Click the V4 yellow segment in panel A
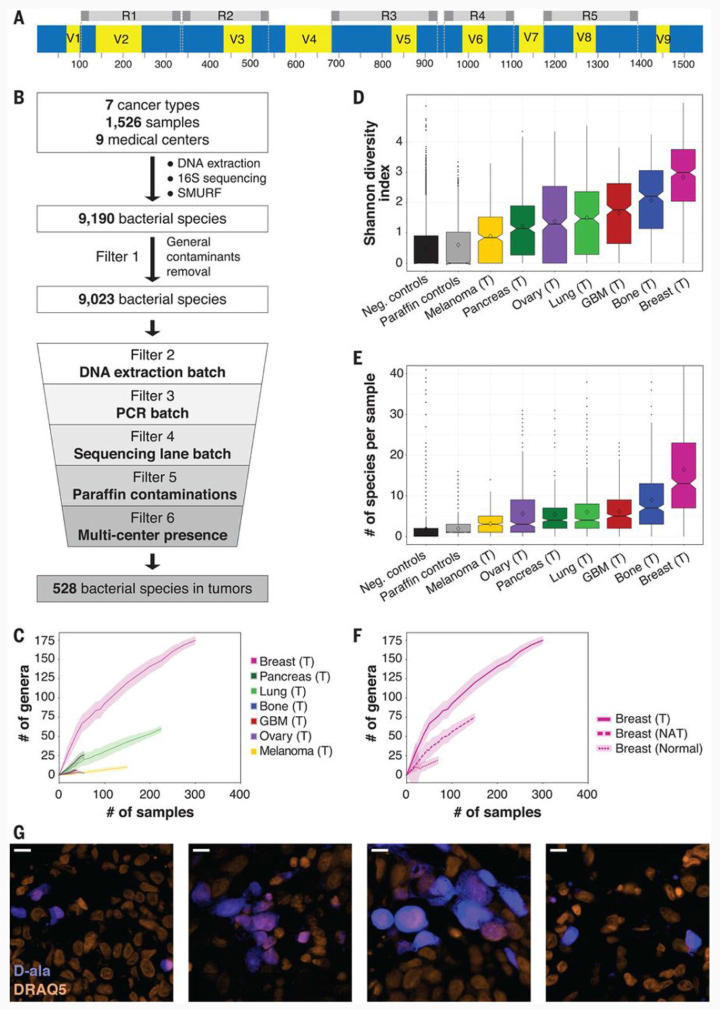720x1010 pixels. (x=308, y=39)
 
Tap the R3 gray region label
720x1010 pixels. (x=389, y=15)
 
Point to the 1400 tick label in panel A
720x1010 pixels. (x=641, y=64)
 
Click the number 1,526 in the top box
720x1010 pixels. (x=123, y=123)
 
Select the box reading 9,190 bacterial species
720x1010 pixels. (x=152, y=219)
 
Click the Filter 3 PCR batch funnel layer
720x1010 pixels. (x=152, y=405)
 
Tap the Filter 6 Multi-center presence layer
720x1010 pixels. (x=152, y=527)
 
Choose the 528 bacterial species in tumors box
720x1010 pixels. (x=152, y=589)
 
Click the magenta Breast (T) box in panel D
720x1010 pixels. (x=683, y=175)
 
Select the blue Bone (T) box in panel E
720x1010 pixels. (x=651, y=503)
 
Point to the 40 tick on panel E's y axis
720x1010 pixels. (x=397, y=373)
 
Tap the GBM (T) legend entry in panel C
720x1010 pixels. (x=283, y=721)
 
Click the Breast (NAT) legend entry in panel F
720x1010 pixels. (x=651, y=733)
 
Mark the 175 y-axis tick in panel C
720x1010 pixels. (x=45, y=641)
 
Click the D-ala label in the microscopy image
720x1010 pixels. (x=32, y=971)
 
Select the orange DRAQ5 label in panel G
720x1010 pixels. (x=40, y=989)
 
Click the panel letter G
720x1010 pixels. (x=19, y=832)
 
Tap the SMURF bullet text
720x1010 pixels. (x=199, y=193)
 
